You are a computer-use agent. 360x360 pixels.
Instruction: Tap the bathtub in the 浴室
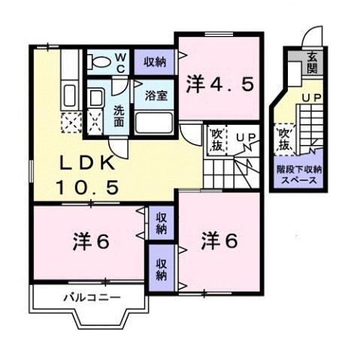coord(156,123)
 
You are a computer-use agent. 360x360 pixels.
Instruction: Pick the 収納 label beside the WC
coord(154,62)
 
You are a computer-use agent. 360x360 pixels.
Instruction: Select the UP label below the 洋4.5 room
coord(245,138)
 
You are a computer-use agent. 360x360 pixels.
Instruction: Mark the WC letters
coord(120,62)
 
